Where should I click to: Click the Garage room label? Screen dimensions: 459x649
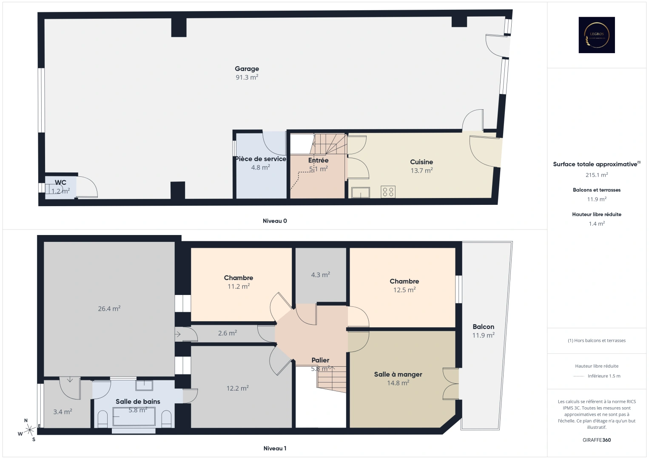(247, 69)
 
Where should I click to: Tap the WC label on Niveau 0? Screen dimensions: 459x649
(60, 183)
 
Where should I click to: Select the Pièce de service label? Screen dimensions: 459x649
(261, 159)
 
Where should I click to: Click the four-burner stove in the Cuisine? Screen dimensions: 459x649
(388, 192)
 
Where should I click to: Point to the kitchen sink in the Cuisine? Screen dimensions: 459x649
(360, 193)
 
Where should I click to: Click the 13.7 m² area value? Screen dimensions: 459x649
(421, 170)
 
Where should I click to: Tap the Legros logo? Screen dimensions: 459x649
(597, 35)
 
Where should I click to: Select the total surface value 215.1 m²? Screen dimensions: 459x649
(597, 175)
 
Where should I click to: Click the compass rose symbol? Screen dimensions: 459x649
(30, 430)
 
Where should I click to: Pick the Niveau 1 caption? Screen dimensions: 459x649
(275, 448)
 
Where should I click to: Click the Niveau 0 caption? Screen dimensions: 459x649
(275, 221)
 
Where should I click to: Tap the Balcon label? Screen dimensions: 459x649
(484, 327)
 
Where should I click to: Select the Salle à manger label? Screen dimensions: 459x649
(398, 374)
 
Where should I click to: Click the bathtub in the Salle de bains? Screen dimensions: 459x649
(134, 416)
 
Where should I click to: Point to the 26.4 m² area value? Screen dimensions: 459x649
(109, 309)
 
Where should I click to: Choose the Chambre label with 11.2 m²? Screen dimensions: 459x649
(239, 278)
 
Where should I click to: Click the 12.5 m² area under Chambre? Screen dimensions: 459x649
(404, 290)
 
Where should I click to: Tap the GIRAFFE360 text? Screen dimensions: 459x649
(597, 440)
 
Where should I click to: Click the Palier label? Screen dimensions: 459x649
(320, 360)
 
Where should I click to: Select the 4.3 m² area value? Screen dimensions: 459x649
(320, 275)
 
